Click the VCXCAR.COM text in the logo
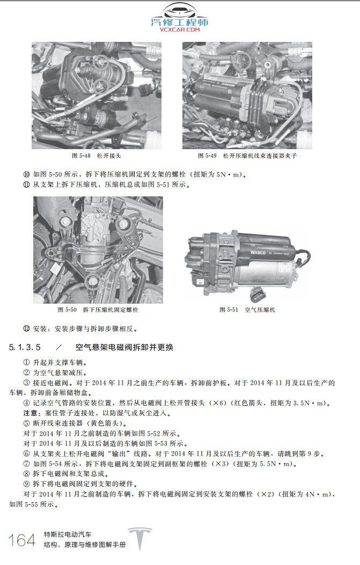click(179, 30)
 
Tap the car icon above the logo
click(180, 11)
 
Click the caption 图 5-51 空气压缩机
click(247, 310)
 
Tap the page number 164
click(22, 540)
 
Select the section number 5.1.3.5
click(25, 347)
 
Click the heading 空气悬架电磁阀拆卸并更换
click(124, 347)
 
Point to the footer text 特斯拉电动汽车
click(68, 534)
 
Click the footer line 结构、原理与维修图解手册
click(85, 545)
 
